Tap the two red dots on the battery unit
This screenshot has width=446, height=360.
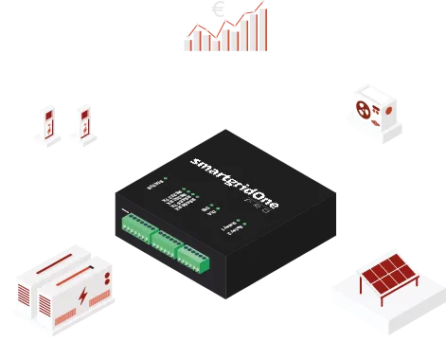107,279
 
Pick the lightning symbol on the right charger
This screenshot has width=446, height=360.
84,119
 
